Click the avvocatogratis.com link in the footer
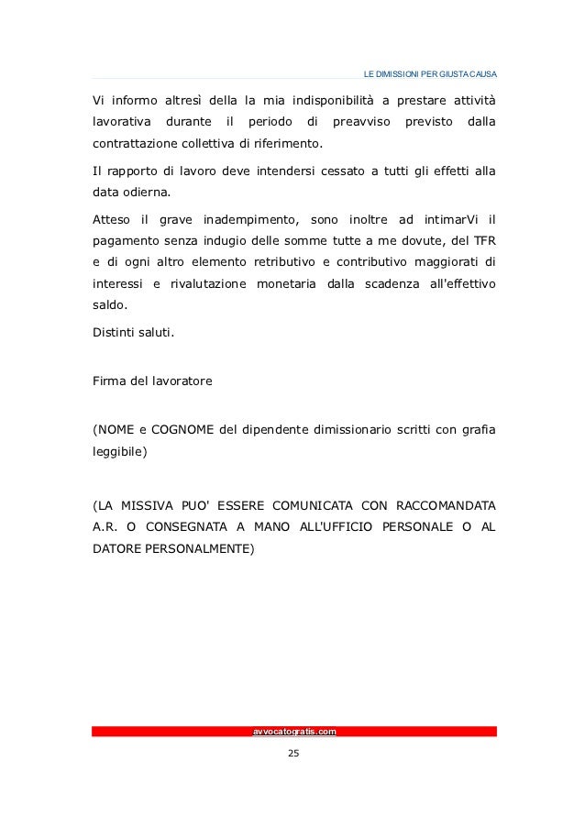point(293,732)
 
